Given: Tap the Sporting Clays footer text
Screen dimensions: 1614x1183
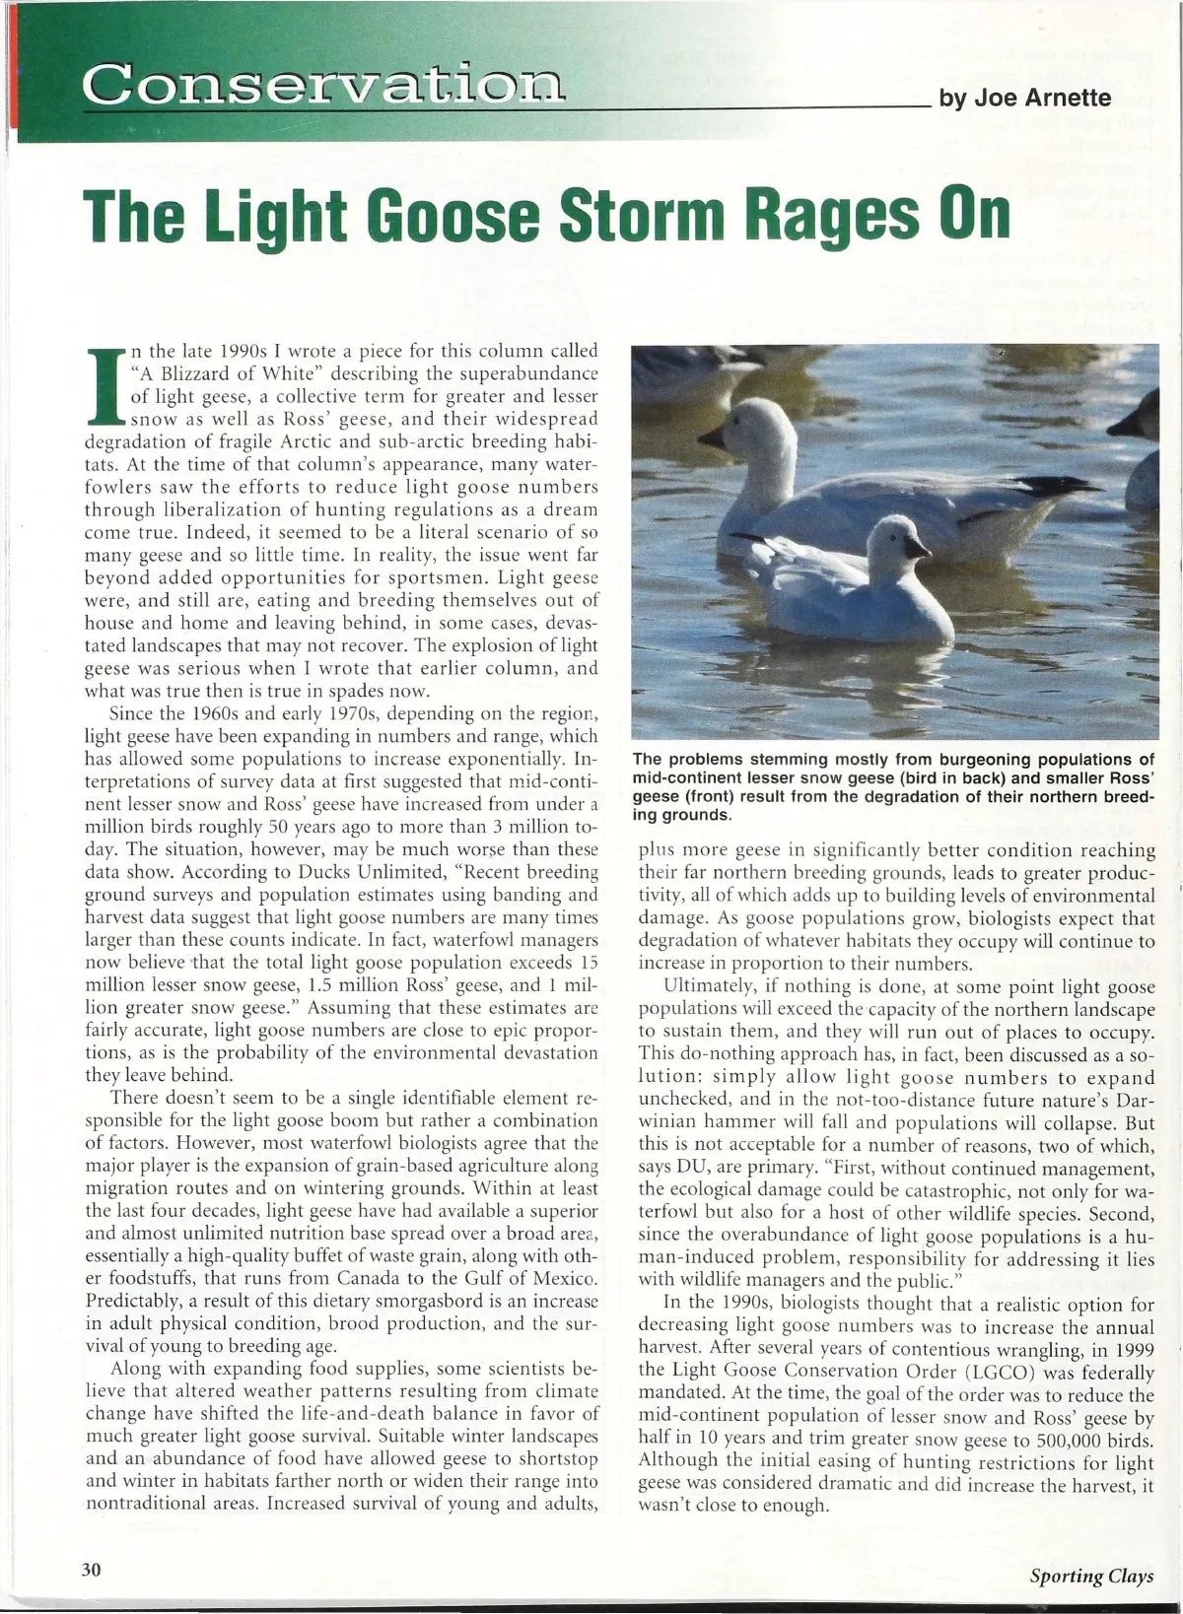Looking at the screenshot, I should click(x=1090, y=1576).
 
